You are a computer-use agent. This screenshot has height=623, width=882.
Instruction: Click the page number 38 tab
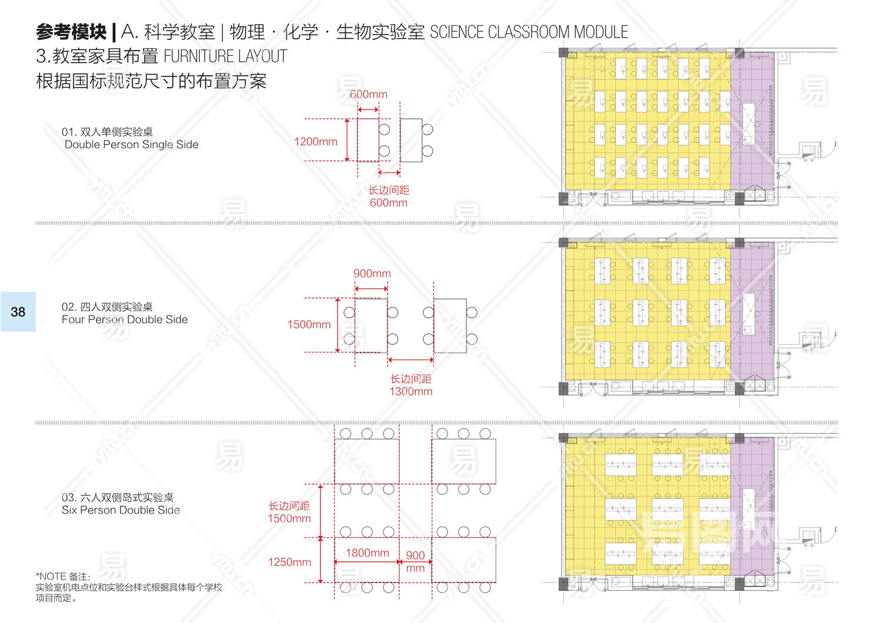18,311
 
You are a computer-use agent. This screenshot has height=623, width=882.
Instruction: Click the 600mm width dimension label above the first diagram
369,94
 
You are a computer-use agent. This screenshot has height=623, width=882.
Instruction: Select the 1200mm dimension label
316,142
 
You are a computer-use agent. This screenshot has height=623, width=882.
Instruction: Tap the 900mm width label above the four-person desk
372,273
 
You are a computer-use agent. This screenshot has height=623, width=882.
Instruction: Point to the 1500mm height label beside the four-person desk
309,324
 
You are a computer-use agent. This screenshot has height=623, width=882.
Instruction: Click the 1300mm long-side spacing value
410,391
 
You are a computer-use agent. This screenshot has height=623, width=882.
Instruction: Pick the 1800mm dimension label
367,552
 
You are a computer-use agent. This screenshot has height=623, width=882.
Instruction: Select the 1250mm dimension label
289,562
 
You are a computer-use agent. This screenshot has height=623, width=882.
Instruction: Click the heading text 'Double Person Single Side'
132,145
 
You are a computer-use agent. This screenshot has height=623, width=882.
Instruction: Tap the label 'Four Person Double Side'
125,320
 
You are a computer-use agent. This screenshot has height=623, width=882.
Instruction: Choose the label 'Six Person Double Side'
121,510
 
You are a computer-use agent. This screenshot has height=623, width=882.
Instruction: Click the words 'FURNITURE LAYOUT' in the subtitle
225,56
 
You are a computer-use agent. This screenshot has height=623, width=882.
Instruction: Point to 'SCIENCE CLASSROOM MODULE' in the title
529,32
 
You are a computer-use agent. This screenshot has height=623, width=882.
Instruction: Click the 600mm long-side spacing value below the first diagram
388,203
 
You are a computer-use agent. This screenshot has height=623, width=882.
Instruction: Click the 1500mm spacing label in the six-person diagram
289,518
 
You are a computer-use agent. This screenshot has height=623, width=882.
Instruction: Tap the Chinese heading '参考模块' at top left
71,31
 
